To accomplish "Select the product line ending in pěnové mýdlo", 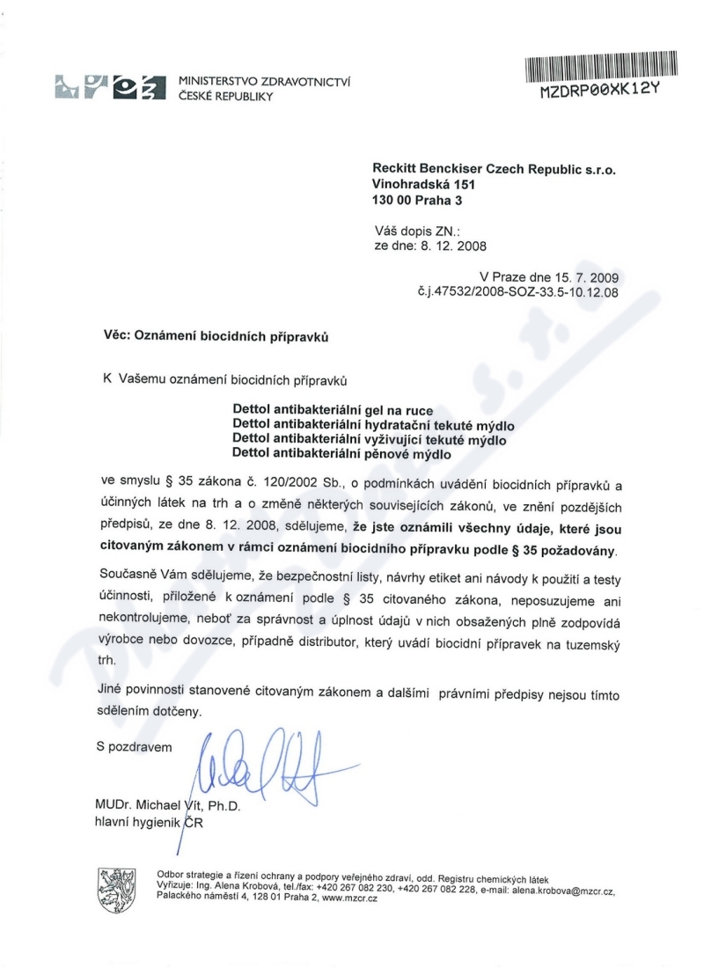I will point(341,454).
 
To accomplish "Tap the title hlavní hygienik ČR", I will point(150,822).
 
